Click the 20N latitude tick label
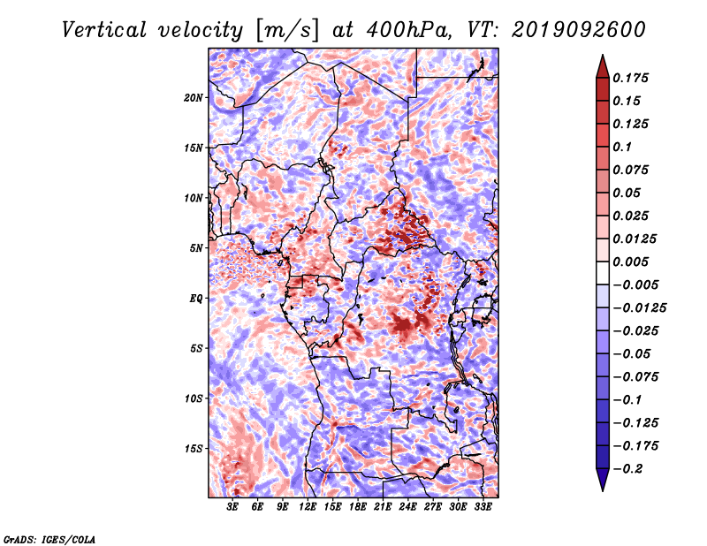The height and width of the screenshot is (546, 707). coord(193,97)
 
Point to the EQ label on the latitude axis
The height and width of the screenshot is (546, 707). coord(196,299)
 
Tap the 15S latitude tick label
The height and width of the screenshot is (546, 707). coord(193,449)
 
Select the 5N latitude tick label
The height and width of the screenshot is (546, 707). coord(195,248)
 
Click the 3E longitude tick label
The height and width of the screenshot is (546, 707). coord(232,506)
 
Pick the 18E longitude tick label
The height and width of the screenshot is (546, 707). coord(358,506)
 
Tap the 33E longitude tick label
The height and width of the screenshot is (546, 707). coord(483,506)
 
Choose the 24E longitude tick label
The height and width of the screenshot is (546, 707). coord(407,506)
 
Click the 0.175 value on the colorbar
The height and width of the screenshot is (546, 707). coord(630,78)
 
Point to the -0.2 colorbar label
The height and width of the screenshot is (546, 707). coord(627,469)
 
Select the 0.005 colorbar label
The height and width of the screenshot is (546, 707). coord(630,262)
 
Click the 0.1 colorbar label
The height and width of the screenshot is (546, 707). coord(622,147)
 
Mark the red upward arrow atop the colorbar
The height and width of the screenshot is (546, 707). coord(603,66)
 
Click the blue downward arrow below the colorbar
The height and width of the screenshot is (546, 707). coord(603,480)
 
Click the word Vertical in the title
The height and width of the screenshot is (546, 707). coord(103,30)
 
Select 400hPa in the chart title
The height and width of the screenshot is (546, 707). coord(408,30)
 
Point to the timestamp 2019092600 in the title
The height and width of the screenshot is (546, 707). coord(579,30)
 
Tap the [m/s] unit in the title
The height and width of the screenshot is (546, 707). coord(287,30)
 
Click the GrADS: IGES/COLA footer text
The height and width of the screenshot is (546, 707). coord(49,539)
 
